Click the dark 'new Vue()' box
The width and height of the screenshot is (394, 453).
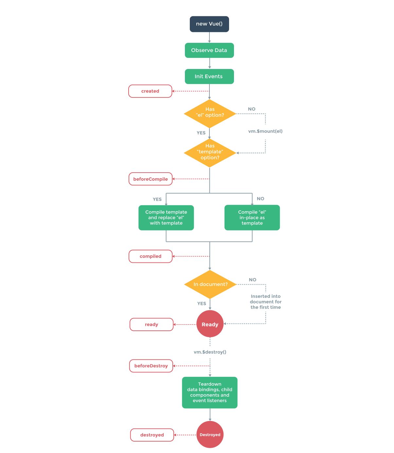click(x=209, y=24)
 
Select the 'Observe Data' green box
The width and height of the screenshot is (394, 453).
click(x=209, y=50)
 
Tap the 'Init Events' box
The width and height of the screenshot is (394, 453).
click(x=209, y=76)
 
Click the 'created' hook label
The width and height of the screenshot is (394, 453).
click(x=150, y=91)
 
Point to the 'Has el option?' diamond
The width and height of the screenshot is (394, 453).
click(x=210, y=113)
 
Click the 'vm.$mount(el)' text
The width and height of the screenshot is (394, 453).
click(x=265, y=131)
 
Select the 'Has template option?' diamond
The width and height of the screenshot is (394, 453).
click(x=210, y=153)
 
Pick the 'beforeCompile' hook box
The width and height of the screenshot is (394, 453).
click(x=151, y=179)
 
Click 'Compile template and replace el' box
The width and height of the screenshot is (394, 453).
click(x=166, y=218)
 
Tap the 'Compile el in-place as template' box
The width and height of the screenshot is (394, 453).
click(x=252, y=218)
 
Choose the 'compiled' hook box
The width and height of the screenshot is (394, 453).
click(x=151, y=256)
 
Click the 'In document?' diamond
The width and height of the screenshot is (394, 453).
click(x=210, y=284)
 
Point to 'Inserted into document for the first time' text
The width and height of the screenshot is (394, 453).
click(x=265, y=302)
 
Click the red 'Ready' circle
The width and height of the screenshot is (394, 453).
click(x=210, y=324)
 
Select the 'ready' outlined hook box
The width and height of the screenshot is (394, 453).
click(x=152, y=325)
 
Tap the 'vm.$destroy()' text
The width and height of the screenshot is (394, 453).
click(x=210, y=352)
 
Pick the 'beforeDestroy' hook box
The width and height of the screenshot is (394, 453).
click(x=151, y=366)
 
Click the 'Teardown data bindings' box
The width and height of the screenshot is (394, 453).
click(x=209, y=393)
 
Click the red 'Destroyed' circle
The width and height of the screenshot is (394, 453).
click(x=210, y=435)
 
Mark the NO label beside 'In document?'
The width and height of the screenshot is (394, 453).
click(x=252, y=280)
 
